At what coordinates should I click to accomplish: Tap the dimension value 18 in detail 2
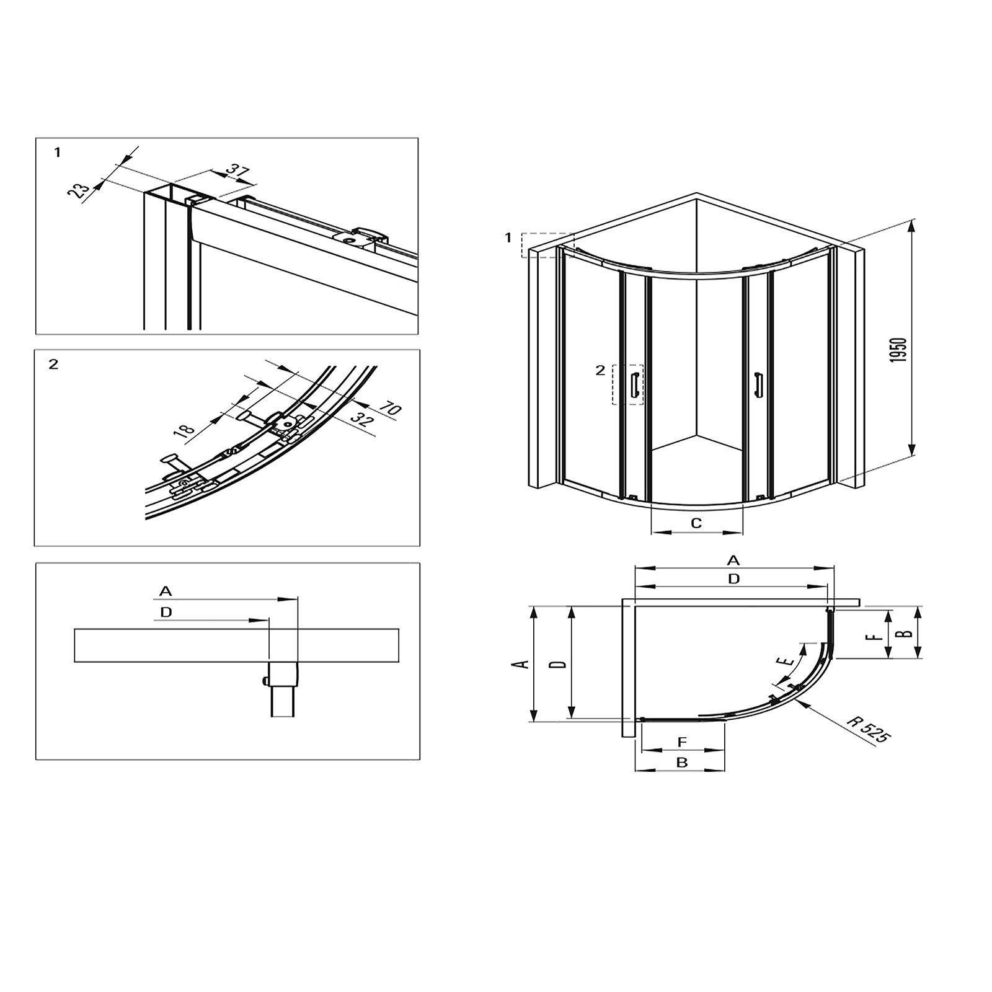(x=185, y=429)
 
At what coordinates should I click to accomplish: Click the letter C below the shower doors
(x=696, y=523)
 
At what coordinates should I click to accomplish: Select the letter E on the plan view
(x=789, y=660)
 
